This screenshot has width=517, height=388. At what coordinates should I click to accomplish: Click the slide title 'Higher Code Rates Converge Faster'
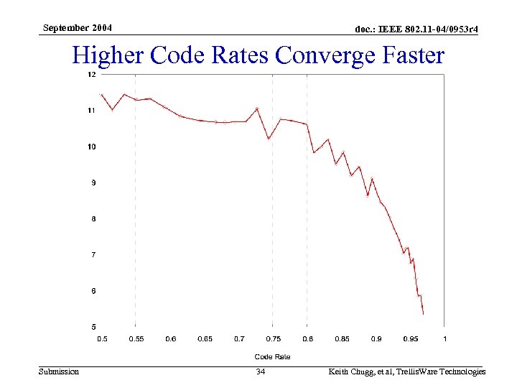pos(258,55)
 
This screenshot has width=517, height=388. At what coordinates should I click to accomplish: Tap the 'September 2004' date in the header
pos(77,28)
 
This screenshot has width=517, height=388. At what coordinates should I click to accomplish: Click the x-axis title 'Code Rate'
pos(273,356)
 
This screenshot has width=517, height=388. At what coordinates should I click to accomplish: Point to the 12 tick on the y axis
pos(92,75)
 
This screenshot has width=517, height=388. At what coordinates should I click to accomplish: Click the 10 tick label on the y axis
pos(92,147)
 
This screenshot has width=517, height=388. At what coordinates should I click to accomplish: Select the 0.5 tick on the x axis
pos(102,338)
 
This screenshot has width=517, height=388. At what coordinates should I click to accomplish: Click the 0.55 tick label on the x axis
pos(136,338)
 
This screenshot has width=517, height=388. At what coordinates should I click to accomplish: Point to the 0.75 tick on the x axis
pos(273,338)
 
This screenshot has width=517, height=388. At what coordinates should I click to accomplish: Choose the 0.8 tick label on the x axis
pos(307,338)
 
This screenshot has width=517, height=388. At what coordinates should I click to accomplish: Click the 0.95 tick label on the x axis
pos(410,338)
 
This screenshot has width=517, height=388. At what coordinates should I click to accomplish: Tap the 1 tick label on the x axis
pos(444,338)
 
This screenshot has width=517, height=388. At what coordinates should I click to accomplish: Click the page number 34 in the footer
pos(261,371)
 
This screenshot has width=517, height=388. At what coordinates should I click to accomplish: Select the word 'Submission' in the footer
pos(59,371)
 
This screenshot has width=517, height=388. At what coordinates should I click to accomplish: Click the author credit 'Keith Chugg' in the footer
pos(351,371)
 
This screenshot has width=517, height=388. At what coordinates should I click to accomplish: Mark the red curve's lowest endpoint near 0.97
pos(424,315)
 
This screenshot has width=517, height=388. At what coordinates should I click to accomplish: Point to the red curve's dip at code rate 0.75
pos(269,139)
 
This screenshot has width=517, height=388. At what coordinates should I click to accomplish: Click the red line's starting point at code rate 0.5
pos(102,94)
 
